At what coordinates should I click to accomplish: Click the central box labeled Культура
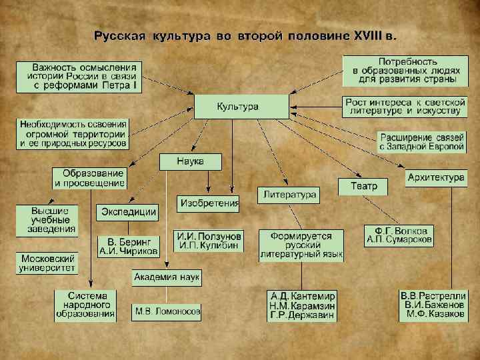241,107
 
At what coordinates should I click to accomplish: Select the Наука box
190,161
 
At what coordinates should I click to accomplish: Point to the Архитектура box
436,178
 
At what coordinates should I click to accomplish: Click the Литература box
289,195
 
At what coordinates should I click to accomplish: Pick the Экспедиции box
128,213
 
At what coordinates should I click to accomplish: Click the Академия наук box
166,277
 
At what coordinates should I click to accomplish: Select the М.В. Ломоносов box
167,311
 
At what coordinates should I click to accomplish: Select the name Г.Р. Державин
303,316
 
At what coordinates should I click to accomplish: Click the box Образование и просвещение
89,178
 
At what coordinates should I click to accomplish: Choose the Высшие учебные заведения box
47,220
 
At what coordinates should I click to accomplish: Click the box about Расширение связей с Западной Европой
422,141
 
